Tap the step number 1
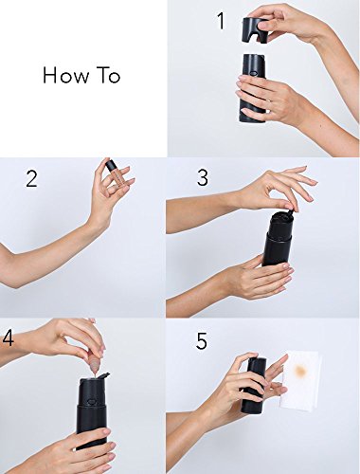click(x=221, y=21)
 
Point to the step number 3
click(x=203, y=177)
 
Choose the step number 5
click(x=202, y=341)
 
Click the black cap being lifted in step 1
click(x=254, y=30)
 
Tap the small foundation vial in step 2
click(x=114, y=173)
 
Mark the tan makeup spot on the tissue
click(x=298, y=370)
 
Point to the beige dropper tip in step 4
click(x=95, y=367)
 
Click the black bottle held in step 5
click(x=254, y=385)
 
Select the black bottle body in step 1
click(x=252, y=88)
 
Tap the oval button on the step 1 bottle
click(x=252, y=72)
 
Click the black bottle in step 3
click(x=279, y=240)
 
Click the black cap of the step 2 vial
click(x=110, y=165)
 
